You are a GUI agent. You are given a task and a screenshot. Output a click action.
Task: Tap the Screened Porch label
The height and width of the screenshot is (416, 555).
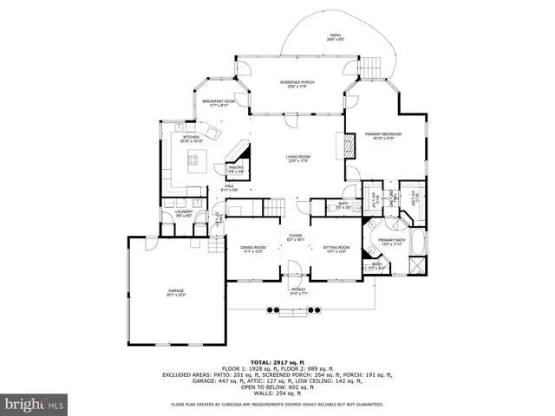[x=297, y=84]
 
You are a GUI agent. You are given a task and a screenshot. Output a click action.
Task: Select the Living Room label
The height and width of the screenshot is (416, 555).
[x=298, y=159]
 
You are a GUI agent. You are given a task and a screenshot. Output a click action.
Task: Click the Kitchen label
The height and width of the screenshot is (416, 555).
[x=191, y=139]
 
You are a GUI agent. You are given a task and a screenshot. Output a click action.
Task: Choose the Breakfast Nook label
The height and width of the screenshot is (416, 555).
[x=219, y=102]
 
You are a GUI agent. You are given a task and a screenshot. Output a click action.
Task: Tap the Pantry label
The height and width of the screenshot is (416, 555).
[x=236, y=169]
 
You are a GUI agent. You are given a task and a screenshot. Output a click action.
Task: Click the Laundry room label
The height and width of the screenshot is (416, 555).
[x=183, y=213]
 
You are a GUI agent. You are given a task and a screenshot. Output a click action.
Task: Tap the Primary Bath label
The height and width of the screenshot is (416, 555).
[x=391, y=242]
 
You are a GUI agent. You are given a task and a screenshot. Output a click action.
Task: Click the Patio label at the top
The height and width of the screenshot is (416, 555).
[x=335, y=37]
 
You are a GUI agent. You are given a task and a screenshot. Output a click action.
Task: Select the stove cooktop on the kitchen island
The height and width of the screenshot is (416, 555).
[x=195, y=159]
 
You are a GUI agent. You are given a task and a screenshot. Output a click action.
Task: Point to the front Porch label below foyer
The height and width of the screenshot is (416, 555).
[x=298, y=292]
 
